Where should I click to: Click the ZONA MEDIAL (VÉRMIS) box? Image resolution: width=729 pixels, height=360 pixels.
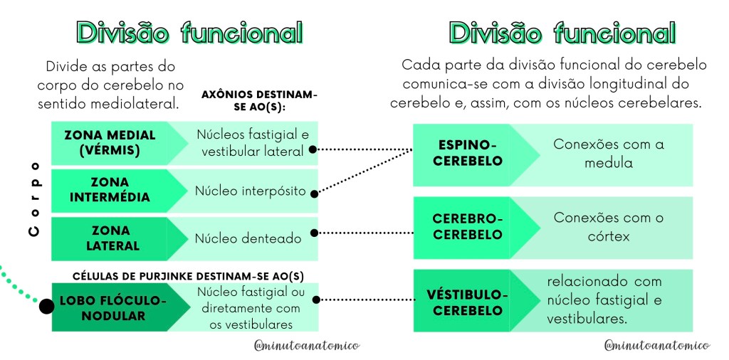(110, 142)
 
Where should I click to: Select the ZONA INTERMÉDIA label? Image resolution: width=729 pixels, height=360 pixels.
(110, 189)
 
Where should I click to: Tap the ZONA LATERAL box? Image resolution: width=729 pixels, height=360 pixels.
(110, 238)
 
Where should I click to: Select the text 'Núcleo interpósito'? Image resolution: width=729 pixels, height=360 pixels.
(250, 191)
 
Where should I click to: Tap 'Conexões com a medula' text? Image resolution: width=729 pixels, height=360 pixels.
(608, 153)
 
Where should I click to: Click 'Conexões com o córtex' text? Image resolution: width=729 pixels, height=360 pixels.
(608, 226)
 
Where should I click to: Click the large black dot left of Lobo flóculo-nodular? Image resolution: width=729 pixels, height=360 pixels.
(46, 307)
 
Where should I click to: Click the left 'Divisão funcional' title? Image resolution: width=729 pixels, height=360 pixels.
(190, 33)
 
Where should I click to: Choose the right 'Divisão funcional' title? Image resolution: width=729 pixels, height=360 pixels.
(562, 33)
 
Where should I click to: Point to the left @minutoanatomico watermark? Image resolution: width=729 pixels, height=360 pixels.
(307, 345)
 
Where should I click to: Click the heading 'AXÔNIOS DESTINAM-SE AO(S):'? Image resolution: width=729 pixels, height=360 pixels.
(259, 100)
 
